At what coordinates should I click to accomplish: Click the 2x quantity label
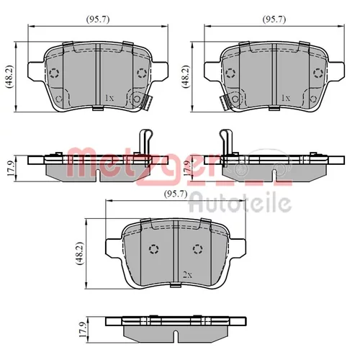click(x=187, y=275)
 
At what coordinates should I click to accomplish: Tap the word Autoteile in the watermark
click(x=240, y=204)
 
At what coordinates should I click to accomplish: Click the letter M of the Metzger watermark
click(x=81, y=162)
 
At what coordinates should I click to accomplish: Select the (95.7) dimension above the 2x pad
click(x=176, y=194)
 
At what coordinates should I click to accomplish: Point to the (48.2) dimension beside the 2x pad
click(x=80, y=253)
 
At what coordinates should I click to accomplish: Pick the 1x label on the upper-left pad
click(x=109, y=98)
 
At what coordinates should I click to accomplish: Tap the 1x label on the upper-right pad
click(x=286, y=98)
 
